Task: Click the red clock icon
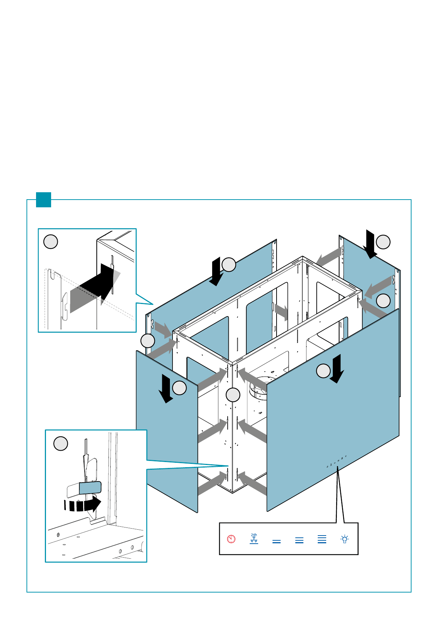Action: (231, 539)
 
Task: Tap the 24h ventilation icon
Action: (254, 539)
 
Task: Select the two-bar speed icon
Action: (277, 541)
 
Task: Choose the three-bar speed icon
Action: (299, 540)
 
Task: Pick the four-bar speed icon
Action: (322, 539)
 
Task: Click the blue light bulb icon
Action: (345, 539)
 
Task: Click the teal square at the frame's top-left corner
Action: (43, 200)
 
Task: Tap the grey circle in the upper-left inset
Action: (51, 242)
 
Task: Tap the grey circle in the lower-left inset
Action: (61, 444)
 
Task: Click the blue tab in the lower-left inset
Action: (90, 488)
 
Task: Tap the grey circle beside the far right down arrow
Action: (383, 242)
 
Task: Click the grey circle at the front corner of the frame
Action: (233, 395)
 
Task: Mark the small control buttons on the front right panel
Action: (337, 462)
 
